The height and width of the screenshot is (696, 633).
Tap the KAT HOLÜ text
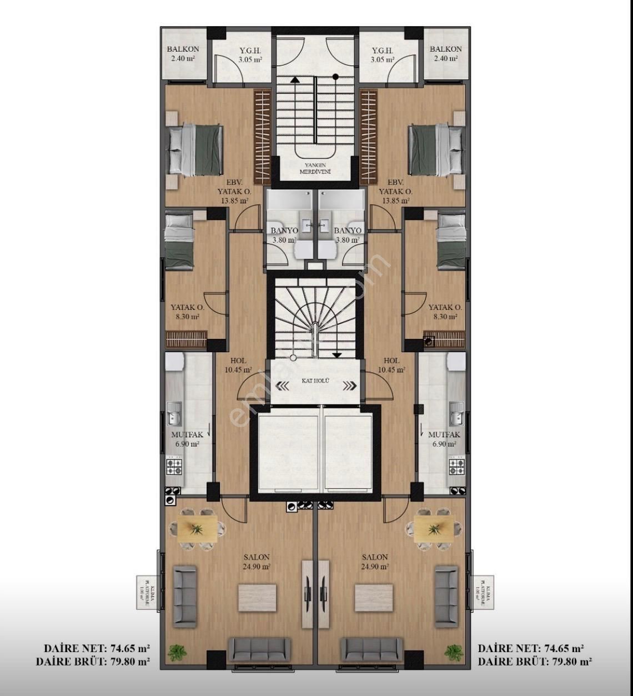[x=315, y=381]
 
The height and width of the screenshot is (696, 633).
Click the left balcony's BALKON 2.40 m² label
[x=183, y=53]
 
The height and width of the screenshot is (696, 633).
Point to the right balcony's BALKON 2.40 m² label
[x=445, y=53]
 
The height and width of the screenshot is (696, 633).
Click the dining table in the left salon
[x=197, y=528]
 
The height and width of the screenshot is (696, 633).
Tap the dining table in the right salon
[x=434, y=528]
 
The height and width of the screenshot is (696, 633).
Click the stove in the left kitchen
[x=175, y=465]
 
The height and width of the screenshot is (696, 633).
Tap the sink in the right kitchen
[x=456, y=413]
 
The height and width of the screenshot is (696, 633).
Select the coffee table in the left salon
[x=258, y=598]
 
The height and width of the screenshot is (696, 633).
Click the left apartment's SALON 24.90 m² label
[x=257, y=562]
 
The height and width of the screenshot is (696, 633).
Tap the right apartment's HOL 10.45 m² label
[x=391, y=365]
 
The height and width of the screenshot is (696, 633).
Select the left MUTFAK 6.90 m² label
[x=187, y=439]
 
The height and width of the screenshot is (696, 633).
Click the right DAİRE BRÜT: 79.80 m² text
[x=534, y=662]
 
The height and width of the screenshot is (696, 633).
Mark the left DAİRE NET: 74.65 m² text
[x=97, y=648]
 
